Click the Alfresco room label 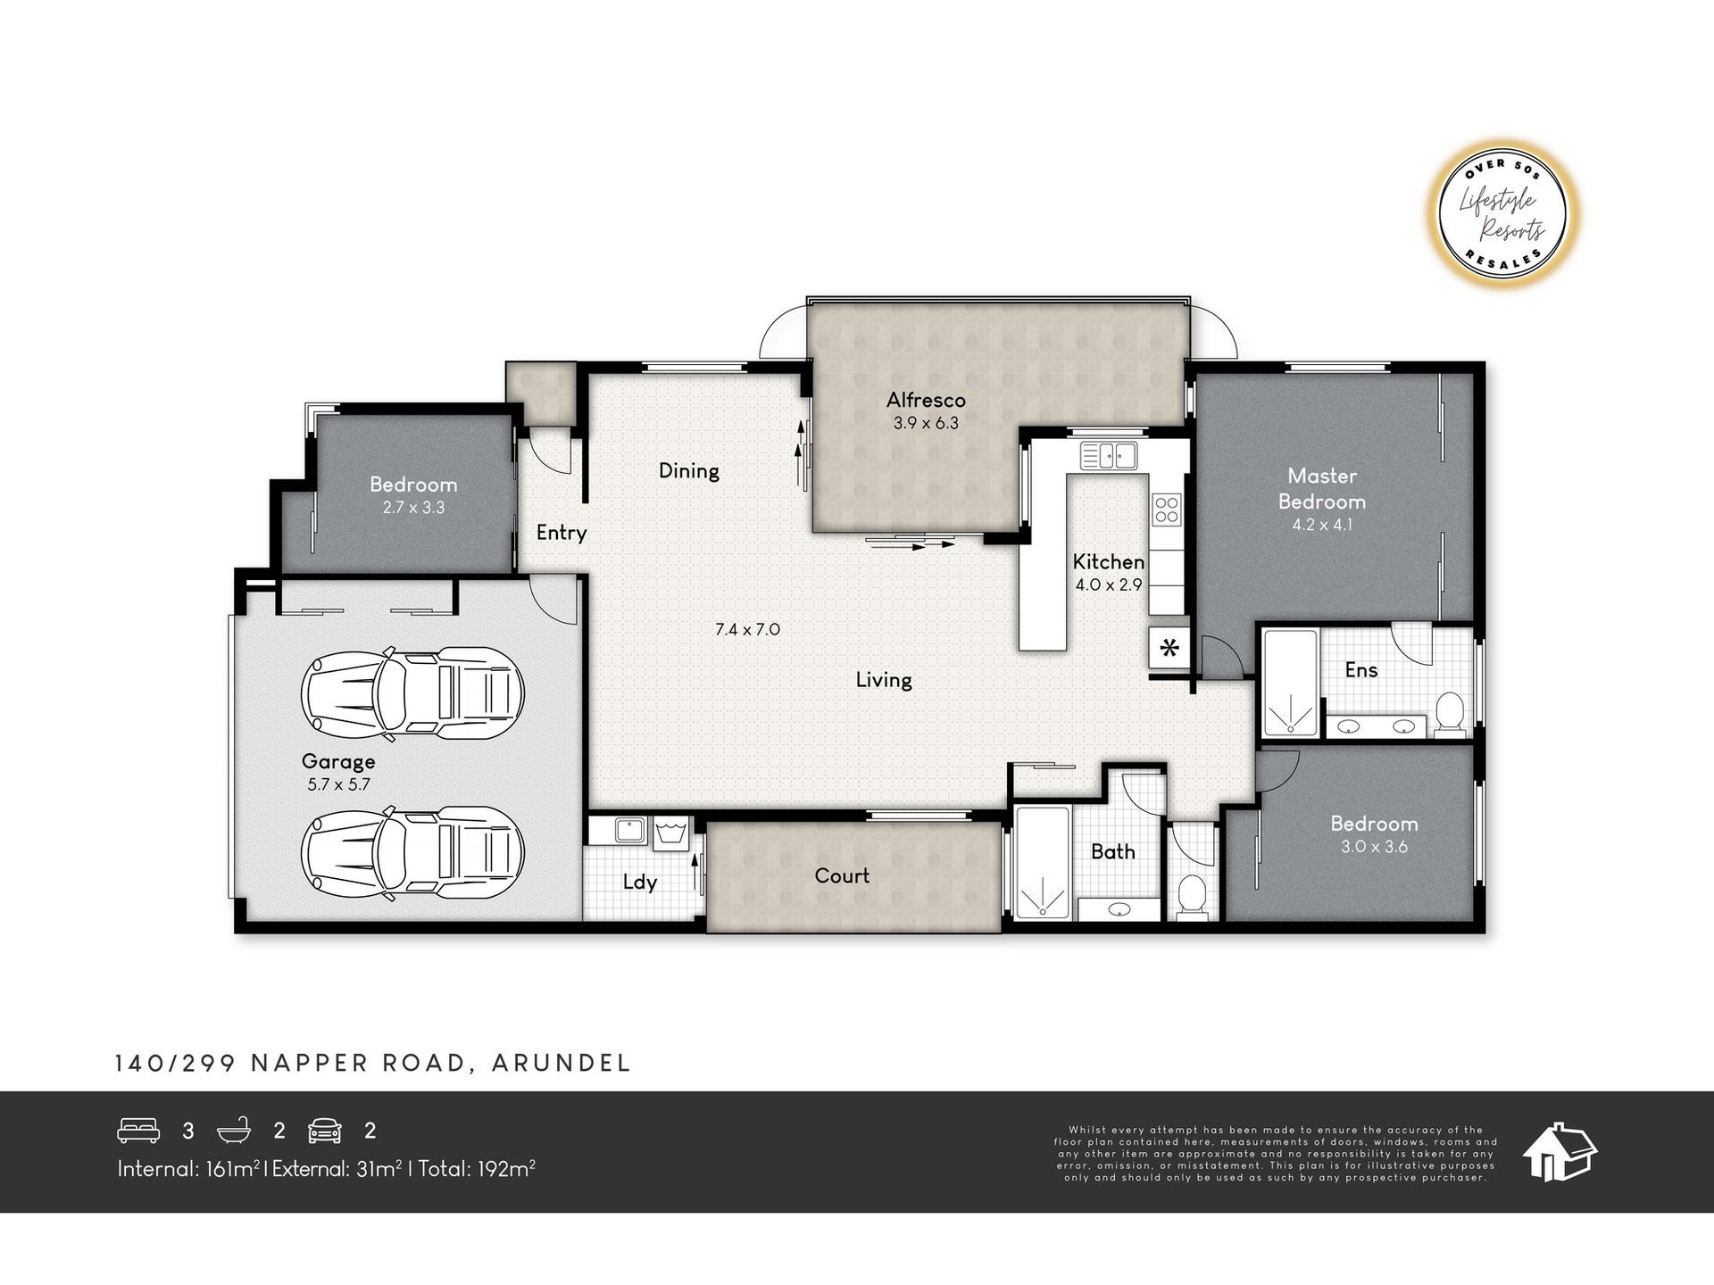point(926,400)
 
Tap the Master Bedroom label point(1322,488)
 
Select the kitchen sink point(1109,456)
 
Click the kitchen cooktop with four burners point(1167,509)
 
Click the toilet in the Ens point(1451,713)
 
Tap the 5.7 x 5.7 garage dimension point(338,785)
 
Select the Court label point(842,875)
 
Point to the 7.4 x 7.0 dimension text point(748,629)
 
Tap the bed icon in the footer point(138,1131)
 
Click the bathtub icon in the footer point(235,1131)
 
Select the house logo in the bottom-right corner point(1560,1152)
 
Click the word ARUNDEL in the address point(562,1063)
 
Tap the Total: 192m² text point(477,1168)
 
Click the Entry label point(562,533)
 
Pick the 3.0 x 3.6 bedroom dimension point(1375,847)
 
